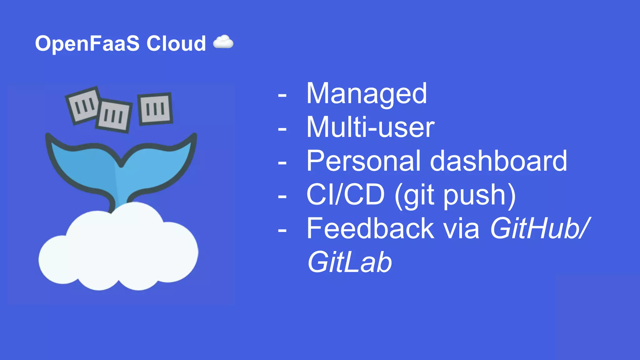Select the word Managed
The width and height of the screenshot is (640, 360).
pos(366,93)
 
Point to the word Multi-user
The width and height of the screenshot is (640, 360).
pos(370,127)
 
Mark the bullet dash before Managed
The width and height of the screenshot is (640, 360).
pos(282,95)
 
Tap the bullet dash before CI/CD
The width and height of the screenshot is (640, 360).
pos(282,197)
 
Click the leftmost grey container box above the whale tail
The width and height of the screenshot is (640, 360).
pos(82,105)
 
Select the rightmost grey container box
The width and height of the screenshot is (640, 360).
pos(155,109)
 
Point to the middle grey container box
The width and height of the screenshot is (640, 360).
pos(114,116)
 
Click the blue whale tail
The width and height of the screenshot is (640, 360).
pos(94,166)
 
